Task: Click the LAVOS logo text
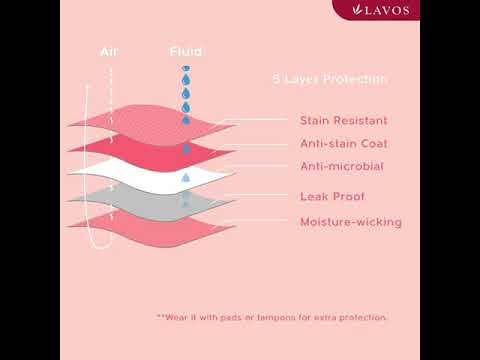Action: (x=387, y=10)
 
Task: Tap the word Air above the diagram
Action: (x=109, y=52)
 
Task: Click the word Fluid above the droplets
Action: (x=186, y=52)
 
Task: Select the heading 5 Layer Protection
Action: (x=330, y=79)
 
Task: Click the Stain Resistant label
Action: (x=344, y=120)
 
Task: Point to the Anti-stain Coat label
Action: (x=344, y=144)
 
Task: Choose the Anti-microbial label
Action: (x=342, y=166)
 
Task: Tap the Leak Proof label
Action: (x=332, y=196)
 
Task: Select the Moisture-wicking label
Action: (x=351, y=222)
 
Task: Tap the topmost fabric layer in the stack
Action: (x=150, y=123)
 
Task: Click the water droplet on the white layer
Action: (x=186, y=177)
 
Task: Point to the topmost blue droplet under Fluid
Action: (x=186, y=68)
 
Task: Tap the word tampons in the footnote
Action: (x=276, y=317)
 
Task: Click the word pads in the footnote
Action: (x=230, y=317)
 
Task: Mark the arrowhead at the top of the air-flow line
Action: (x=87, y=86)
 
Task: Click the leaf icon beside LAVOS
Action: (x=358, y=10)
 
